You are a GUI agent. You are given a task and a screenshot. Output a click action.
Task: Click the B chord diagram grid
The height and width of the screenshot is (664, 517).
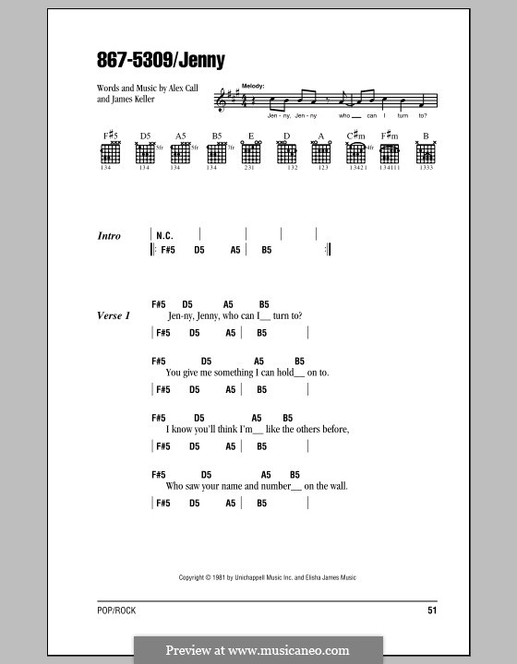click(426, 154)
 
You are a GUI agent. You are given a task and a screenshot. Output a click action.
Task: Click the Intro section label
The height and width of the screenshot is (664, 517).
click(109, 236)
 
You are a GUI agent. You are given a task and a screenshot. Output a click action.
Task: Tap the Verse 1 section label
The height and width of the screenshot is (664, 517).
click(114, 315)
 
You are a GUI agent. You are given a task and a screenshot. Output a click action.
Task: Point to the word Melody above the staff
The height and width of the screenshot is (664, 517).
click(252, 86)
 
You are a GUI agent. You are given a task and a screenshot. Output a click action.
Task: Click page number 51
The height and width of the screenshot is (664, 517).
click(432, 610)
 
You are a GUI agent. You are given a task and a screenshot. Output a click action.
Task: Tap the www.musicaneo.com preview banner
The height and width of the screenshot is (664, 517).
click(258, 650)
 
